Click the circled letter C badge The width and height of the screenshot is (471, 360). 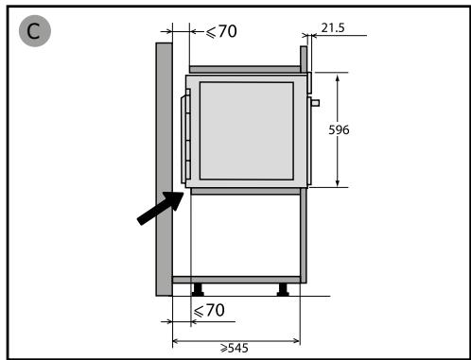(35, 31)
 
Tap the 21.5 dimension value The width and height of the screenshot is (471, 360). (333, 28)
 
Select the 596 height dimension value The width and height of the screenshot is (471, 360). (339, 129)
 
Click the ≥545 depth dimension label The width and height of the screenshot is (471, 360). (235, 348)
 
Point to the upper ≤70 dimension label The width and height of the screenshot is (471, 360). (221, 31)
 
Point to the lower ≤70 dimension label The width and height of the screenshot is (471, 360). (209, 310)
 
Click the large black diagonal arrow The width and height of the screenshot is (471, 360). (161, 208)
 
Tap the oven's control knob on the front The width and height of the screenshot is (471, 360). (316, 103)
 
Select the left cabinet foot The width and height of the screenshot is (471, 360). (198, 290)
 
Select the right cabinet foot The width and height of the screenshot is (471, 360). (283, 290)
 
